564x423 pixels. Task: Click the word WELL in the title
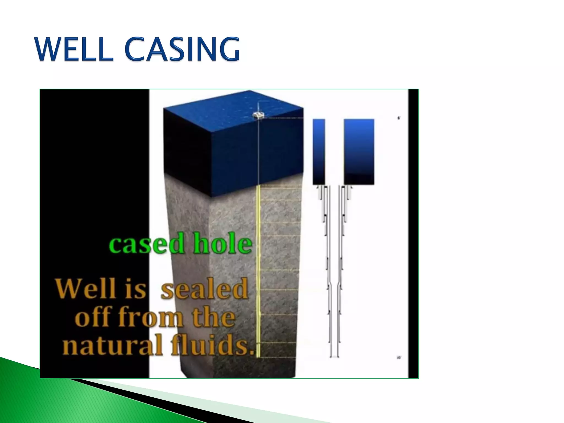coord(74,50)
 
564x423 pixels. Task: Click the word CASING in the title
coord(182,50)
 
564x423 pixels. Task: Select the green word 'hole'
coord(223,243)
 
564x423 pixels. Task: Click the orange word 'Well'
coord(85,288)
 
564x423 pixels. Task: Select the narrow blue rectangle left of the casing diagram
coord(319,151)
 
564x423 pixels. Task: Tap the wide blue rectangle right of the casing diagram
coord(359,151)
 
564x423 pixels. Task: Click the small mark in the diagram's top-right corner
coord(399,118)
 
